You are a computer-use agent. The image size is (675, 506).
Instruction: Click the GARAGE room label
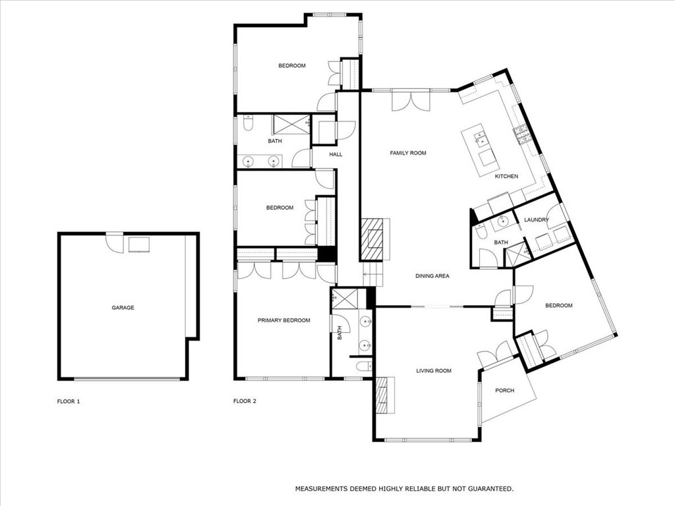[x=123, y=308]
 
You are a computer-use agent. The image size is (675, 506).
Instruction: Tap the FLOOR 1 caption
[x=69, y=401]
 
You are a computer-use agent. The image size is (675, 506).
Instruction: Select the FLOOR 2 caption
[x=245, y=401]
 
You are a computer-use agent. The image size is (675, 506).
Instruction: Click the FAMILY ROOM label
[x=408, y=153]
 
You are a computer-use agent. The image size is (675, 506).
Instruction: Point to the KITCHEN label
[x=506, y=177]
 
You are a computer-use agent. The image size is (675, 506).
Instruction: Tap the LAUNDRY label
[x=536, y=220]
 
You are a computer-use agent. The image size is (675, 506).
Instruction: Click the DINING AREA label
[x=432, y=276]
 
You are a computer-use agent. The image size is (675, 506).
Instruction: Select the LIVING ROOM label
[x=434, y=371]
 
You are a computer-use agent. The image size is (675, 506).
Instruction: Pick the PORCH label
[x=504, y=391]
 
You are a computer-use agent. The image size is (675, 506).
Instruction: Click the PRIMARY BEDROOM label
[x=283, y=320]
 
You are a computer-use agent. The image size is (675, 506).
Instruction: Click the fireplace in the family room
[x=374, y=239]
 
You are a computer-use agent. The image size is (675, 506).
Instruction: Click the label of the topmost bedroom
[x=291, y=65]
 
